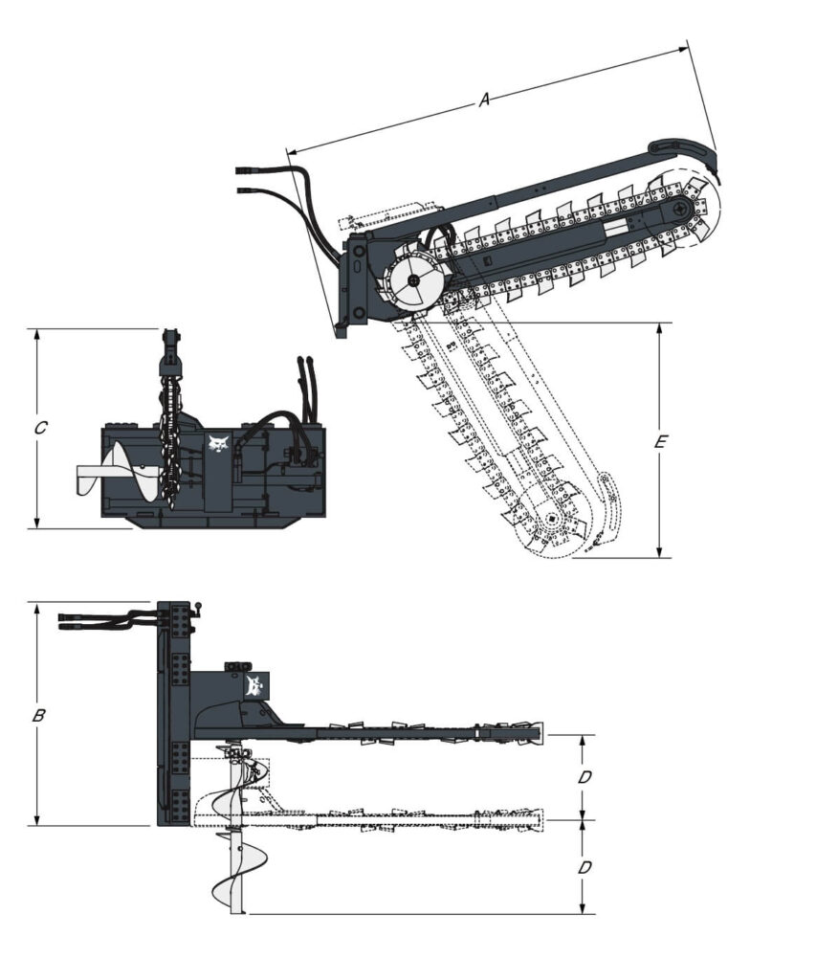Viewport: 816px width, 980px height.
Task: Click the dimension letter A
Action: pyautogui.click(x=484, y=99)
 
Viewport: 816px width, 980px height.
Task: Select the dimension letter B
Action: pyautogui.click(x=38, y=715)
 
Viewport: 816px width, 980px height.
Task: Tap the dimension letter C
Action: pyautogui.click(x=40, y=428)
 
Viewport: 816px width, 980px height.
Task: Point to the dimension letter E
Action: pyautogui.click(x=660, y=442)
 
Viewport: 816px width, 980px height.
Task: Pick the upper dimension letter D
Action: pyautogui.click(x=584, y=777)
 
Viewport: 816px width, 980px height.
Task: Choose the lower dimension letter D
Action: pyautogui.click(x=584, y=867)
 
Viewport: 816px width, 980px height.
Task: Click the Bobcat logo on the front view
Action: pyautogui.click(x=217, y=444)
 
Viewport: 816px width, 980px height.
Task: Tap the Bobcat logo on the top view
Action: pyautogui.click(x=254, y=685)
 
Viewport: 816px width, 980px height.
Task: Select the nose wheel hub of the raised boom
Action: pyautogui.click(x=679, y=208)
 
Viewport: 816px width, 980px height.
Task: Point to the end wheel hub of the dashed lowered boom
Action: pyautogui.click(x=551, y=518)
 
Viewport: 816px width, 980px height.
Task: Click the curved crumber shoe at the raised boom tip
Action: pyautogui.click(x=686, y=153)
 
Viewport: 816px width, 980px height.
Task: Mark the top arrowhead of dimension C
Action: pyautogui.click(x=37, y=334)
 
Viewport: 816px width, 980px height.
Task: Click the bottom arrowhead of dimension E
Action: pyautogui.click(x=659, y=552)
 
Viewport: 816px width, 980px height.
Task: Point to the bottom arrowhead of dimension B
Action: pyautogui.click(x=37, y=819)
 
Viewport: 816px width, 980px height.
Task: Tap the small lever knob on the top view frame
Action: pyautogui.click(x=199, y=606)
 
